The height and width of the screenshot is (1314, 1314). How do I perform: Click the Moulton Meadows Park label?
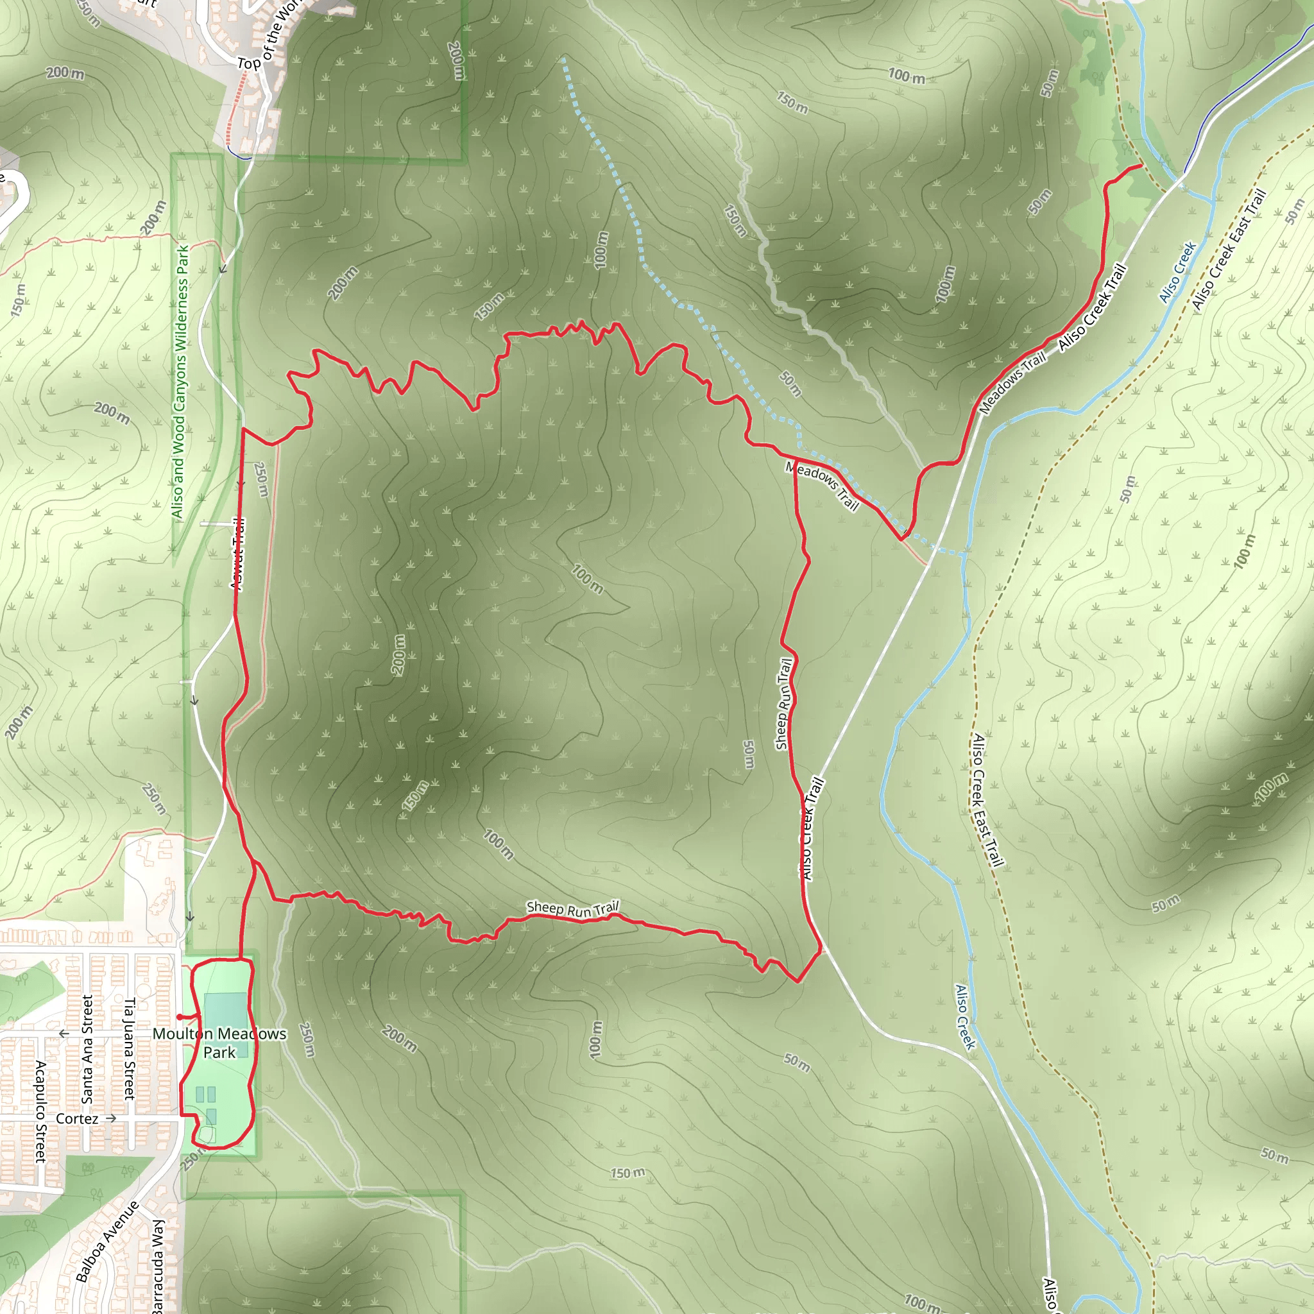(219, 1043)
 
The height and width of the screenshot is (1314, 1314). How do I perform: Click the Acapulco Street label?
(41, 1111)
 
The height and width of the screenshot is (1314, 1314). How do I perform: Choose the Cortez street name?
(77, 1119)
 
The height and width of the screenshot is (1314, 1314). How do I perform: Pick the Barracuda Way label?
(158, 1267)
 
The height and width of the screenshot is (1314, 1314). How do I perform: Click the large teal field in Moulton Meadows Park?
(225, 1016)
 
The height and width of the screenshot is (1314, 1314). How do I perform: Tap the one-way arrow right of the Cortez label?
(112, 1118)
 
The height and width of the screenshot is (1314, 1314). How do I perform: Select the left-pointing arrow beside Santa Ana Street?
(64, 1034)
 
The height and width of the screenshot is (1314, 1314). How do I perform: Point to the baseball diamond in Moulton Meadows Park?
(207, 1134)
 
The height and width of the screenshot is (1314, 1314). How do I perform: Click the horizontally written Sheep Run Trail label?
(573, 909)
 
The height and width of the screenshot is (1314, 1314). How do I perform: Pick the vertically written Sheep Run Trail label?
(783, 704)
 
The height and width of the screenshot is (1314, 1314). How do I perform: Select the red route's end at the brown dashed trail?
(1141, 166)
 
